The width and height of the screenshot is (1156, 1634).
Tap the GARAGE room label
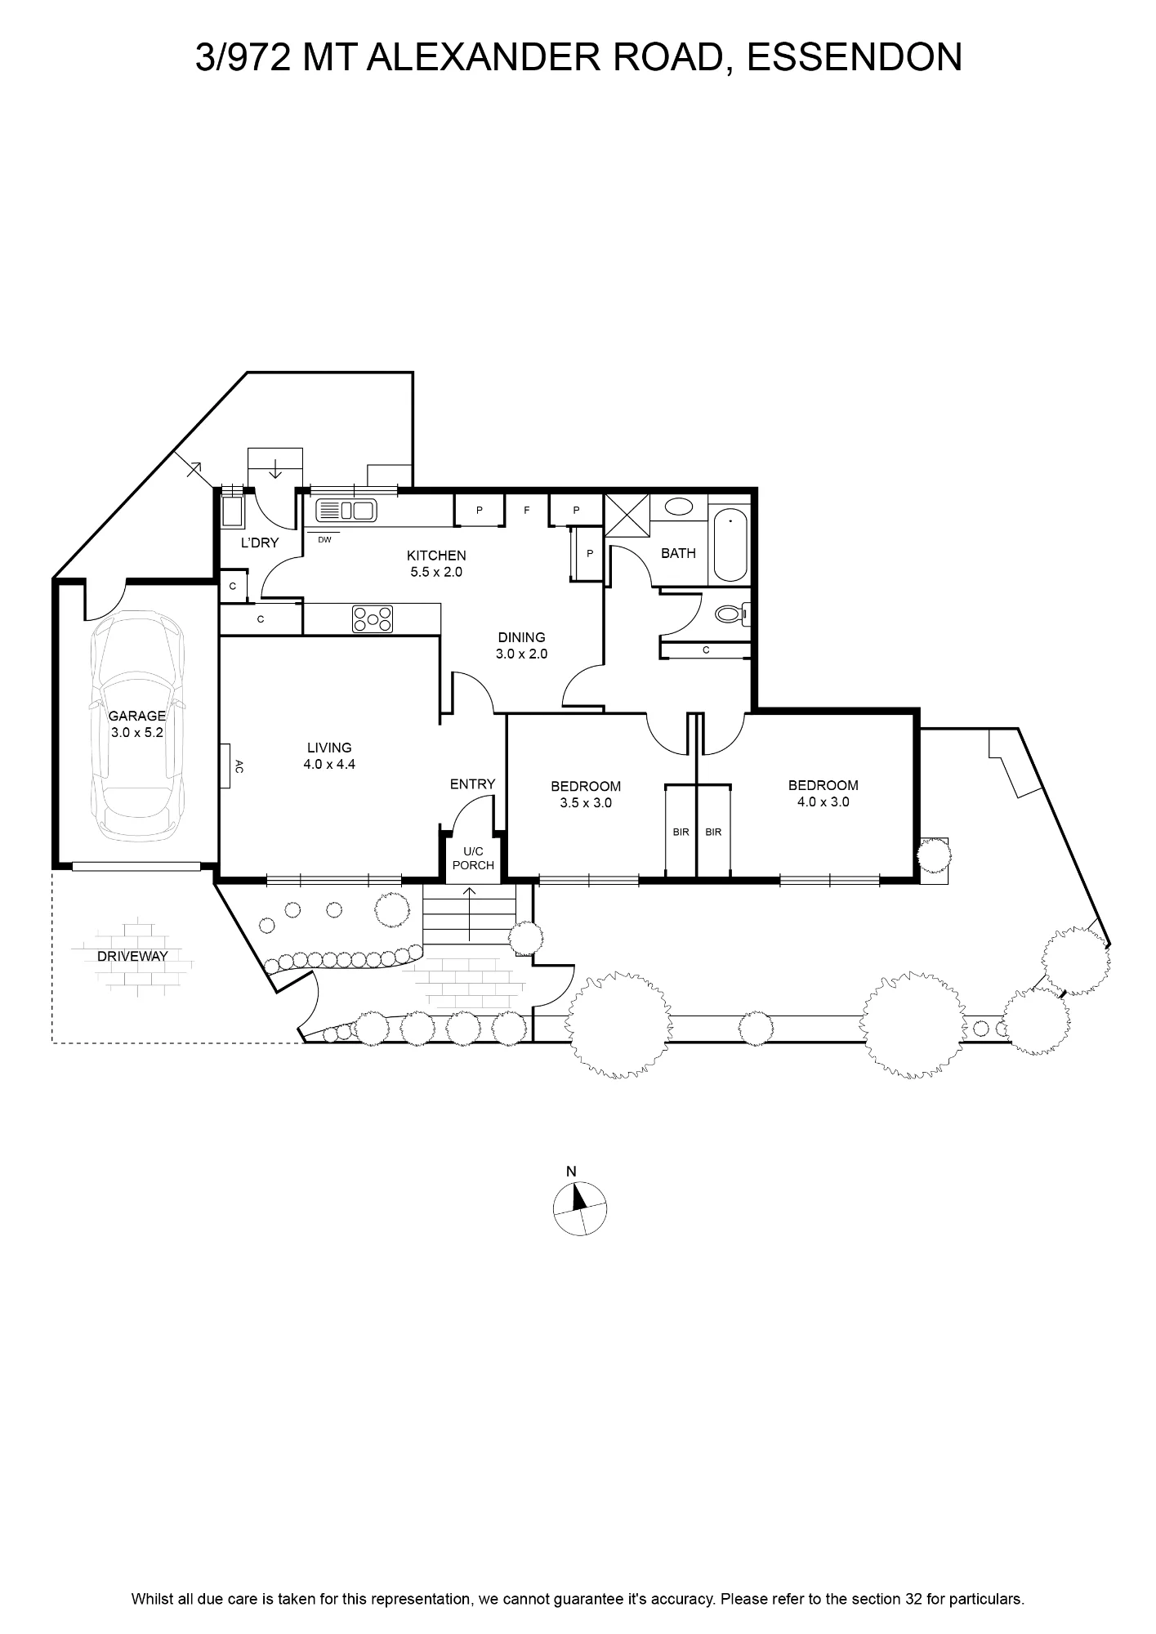tap(137, 716)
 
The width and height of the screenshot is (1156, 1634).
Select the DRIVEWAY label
tap(132, 956)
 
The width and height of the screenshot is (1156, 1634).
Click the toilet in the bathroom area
tap(730, 613)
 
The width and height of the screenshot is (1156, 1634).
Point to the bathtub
tap(730, 545)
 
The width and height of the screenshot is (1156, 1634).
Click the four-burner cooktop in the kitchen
tap(373, 618)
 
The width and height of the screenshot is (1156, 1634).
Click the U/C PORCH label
tap(473, 859)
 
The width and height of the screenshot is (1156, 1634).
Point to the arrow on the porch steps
tap(471, 913)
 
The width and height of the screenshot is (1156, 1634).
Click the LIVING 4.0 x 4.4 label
tap(329, 756)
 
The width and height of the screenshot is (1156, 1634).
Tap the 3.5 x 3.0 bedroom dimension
tap(586, 803)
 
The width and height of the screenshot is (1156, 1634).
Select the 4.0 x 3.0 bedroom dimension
tap(823, 802)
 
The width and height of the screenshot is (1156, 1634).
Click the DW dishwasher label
tap(324, 539)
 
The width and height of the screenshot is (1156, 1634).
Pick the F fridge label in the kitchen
tap(527, 511)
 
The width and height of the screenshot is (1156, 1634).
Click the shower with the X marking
tap(627, 514)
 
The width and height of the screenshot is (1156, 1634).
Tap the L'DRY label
tap(260, 542)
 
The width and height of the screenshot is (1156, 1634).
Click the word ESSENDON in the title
tap(855, 57)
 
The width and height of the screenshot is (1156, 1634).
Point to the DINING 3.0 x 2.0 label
tap(521, 645)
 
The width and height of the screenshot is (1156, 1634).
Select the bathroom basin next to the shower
tap(679, 507)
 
